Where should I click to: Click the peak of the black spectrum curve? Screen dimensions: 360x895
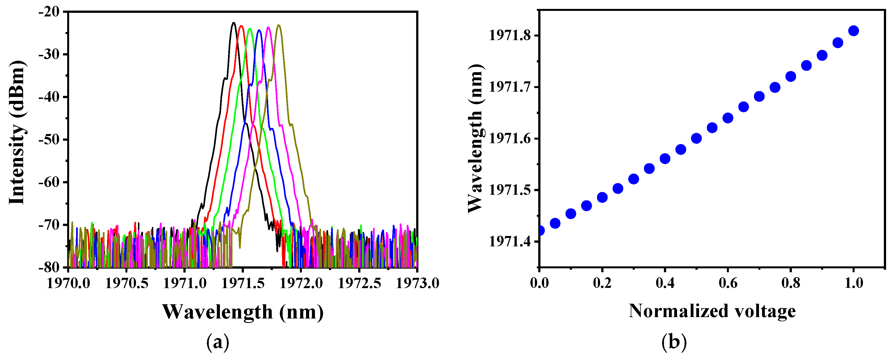(x=234, y=23)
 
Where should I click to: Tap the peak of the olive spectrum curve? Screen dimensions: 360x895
(x=279, y=25)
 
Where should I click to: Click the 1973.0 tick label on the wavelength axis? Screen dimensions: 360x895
(x=417, y=283)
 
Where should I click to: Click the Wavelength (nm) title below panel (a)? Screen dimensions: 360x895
(x=242, y=312)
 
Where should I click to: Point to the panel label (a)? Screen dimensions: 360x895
(x=218, y=342)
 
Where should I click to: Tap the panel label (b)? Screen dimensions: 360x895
(x=674, y=342)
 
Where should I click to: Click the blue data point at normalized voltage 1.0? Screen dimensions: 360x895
(x=853, y=31)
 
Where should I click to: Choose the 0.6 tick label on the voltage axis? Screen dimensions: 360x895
(x=728, y=283)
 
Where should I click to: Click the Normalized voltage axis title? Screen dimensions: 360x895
(x=712, y=311)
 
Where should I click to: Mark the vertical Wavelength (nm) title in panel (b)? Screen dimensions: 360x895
(x=475, y=138)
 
